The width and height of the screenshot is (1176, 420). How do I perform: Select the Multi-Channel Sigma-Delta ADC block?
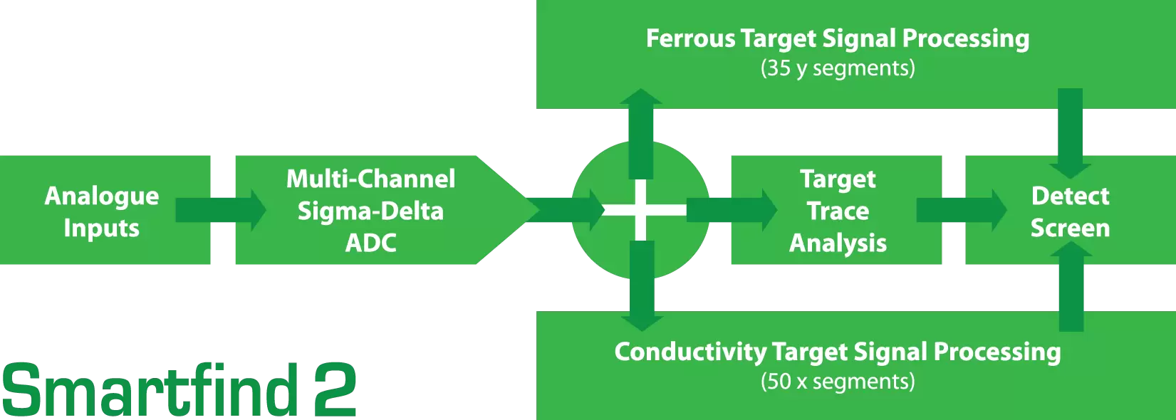pos(370,211)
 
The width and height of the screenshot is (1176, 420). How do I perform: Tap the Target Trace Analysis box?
pos(838,211)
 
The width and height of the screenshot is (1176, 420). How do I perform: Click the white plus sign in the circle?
pos(641,210)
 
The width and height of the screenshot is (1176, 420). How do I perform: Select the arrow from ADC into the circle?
pos(566,210)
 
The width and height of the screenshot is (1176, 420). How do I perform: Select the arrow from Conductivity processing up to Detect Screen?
pos(1071,285)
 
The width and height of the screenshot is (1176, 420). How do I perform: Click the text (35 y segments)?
pos(838,68)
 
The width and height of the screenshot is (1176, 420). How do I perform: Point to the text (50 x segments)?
pos(838,382)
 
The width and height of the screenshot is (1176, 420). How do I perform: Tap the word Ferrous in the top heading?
pos(690,38)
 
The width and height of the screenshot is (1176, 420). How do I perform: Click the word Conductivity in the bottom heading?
pos(690,352)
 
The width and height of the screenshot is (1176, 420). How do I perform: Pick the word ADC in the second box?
pos(370,243)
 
